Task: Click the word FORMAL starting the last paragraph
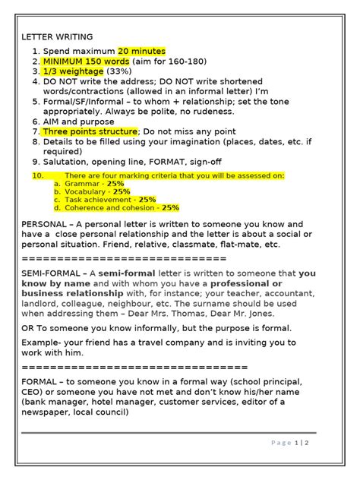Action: [39, 381]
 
